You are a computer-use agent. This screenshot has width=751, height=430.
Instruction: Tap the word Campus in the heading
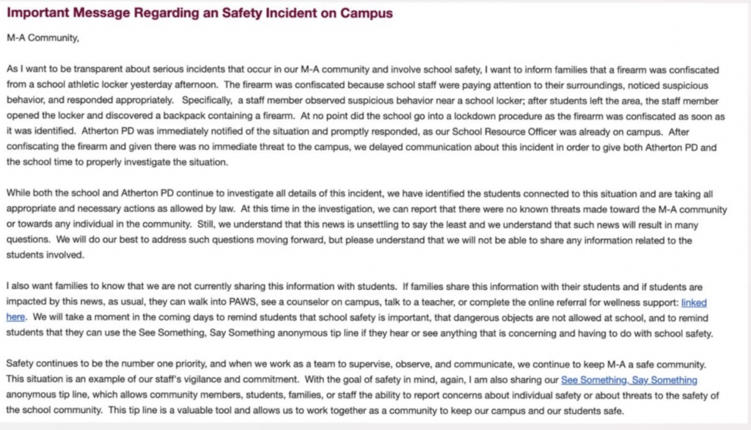(367, 13)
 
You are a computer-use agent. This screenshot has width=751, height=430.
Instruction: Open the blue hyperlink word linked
(695, 302)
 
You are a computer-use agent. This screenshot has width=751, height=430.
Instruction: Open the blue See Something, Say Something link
(629, 380)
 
